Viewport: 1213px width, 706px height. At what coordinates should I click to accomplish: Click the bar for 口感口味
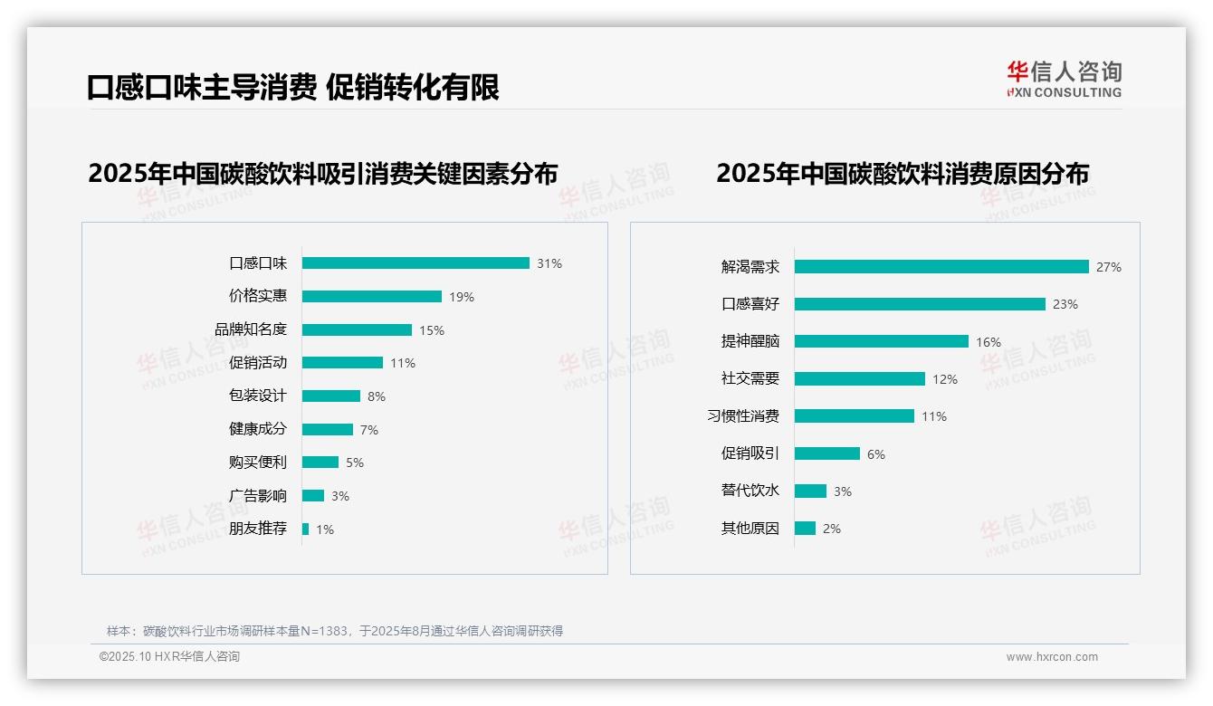(415, 263)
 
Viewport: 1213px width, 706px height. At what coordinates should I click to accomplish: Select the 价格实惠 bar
(372, 297)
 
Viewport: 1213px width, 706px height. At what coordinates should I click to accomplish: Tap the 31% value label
(549, 263)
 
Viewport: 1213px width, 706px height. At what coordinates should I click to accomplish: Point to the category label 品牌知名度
(251, 329)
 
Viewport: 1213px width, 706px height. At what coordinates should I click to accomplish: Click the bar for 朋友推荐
(306, 529)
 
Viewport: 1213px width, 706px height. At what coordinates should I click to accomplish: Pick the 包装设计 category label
(258, 396)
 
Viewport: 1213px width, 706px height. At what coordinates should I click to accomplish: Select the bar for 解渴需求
(941, 267)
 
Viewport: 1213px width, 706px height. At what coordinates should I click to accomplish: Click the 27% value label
(1109, 267)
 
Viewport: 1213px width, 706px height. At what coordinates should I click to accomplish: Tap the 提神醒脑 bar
(882, 341)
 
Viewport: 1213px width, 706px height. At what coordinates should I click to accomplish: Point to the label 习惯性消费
(743, 416)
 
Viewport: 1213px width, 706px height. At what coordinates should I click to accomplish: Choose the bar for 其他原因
(805, 528)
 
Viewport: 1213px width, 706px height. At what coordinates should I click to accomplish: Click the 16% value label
(989, 342)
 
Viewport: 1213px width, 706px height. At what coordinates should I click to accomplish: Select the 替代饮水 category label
(750, 491)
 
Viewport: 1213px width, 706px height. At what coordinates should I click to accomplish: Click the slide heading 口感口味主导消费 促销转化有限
(292, 88)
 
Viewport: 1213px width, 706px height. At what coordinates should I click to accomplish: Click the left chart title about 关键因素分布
(322, 173)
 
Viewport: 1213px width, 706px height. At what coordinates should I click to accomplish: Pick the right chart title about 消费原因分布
(903, 173)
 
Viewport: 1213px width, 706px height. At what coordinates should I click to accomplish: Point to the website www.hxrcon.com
(1052, 657)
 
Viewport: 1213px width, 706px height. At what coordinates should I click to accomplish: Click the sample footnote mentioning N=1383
(335, 631)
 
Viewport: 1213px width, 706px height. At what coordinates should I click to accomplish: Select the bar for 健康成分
(328, 429)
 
